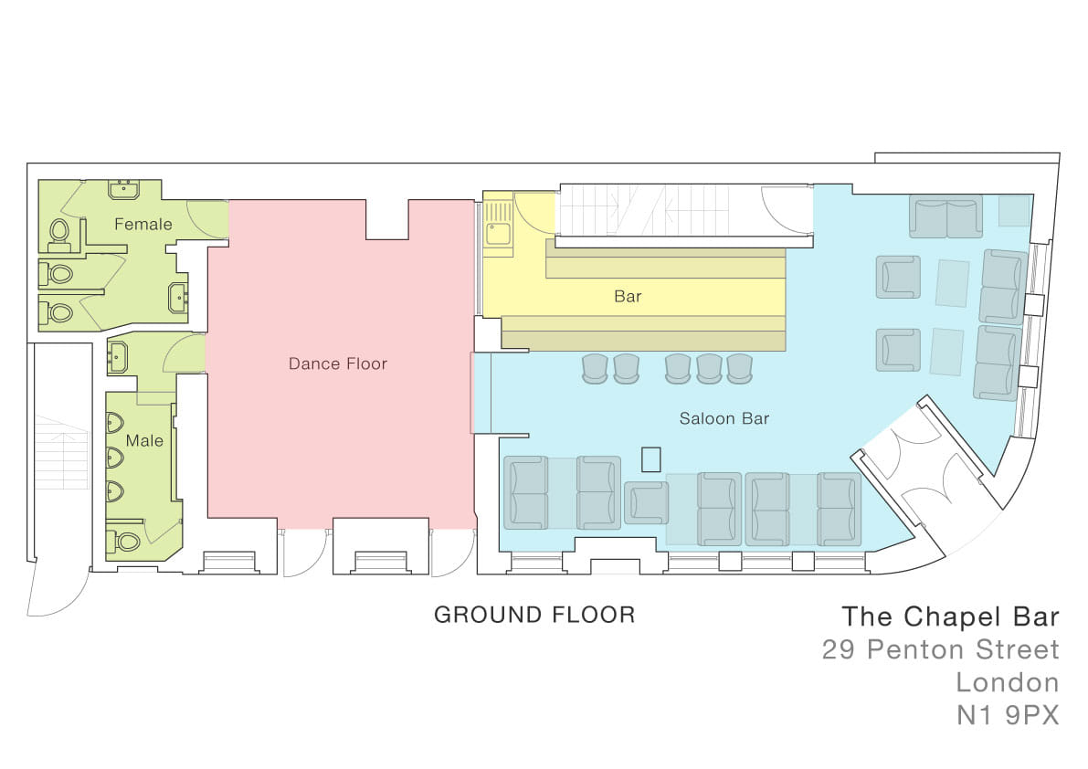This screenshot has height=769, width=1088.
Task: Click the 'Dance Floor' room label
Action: (338, 364)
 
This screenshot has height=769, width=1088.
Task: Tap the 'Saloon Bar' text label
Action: (724, 419)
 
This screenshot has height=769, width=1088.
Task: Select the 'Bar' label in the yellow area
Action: (628, 297)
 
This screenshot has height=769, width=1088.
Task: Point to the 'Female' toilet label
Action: (143, 225)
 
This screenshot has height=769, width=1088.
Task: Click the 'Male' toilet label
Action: (144, 441)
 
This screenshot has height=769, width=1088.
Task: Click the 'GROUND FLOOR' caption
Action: (534, 615)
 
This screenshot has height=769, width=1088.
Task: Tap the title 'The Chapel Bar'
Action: (951, 616)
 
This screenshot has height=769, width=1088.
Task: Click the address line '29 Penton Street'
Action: (941, 649)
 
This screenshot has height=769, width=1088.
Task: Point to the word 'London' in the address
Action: (1008, 682)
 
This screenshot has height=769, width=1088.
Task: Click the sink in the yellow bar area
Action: (498, 234)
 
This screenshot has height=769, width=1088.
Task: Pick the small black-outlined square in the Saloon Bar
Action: (650, 459)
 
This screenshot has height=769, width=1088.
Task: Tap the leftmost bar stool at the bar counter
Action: (595, 368)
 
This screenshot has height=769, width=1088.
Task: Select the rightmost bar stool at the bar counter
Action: (740, 368)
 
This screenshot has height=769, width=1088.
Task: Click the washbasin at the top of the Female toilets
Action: (124, 189)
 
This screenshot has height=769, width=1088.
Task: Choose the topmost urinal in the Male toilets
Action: (114, 422)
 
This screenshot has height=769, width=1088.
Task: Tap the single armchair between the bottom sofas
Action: (646, 502)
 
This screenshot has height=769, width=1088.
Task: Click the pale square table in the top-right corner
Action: (1014, 211)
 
